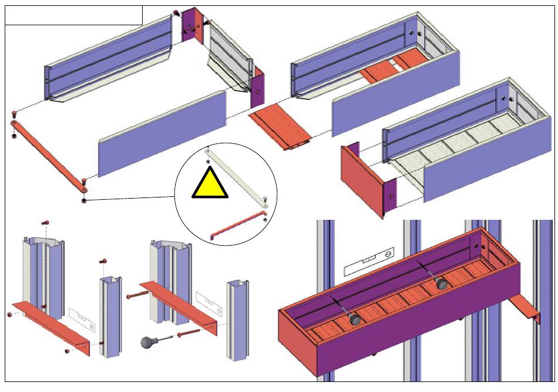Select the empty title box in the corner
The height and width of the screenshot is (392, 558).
click(x=73, y=15)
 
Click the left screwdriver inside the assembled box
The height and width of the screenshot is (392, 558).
click(x=355, y=319)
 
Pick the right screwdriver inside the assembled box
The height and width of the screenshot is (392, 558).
click(x=441, y=284)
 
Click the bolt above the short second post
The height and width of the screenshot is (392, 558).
click(x=104, y=260)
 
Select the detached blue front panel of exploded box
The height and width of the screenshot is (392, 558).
click(x=162, y=135)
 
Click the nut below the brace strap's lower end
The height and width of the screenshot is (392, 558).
click(x=84, y=201)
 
